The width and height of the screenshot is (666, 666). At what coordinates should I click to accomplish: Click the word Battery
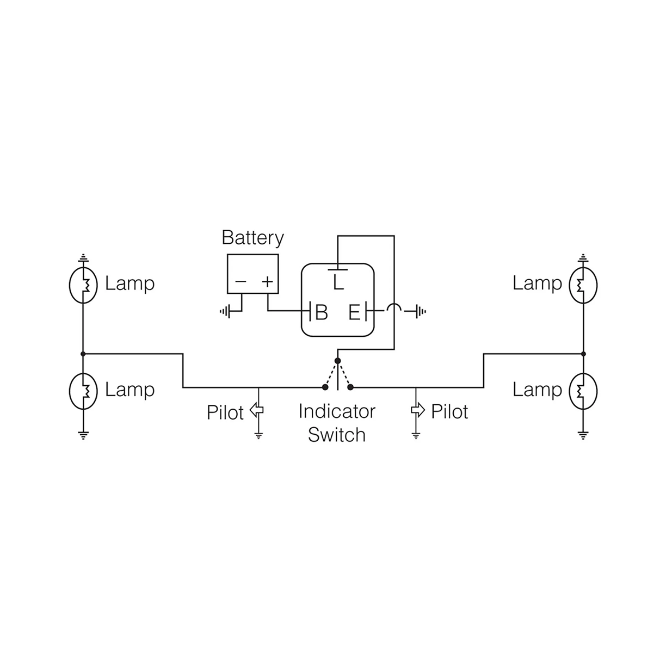point(252,238)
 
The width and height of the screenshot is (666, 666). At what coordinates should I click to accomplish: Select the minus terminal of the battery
point(240,282)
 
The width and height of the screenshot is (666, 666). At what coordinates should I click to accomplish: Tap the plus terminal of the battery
point(267,282)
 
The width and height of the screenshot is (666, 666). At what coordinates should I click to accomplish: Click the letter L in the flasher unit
point(338,283)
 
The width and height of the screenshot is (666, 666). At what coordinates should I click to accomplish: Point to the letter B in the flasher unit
point(322,312)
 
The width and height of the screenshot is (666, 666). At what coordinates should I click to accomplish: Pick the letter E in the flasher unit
point(354,312)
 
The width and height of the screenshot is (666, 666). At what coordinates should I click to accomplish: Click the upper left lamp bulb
point(83,285)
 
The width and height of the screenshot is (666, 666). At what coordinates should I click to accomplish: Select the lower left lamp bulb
point(83,391)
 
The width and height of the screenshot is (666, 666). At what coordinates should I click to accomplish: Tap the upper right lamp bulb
point(583,285)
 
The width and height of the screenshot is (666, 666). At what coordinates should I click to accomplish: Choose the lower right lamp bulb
point(583,391)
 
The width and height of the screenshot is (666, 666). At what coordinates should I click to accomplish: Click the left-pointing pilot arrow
point(256,410)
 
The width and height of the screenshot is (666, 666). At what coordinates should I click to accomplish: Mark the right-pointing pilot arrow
point(417,410)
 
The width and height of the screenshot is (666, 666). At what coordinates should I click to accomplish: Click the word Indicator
point(337,411)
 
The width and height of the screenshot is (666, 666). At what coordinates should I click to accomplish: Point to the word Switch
point(337,435)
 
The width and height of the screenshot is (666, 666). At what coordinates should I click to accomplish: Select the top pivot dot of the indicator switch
point(338,361)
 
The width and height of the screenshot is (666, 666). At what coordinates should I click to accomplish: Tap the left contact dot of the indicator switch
point(325,387)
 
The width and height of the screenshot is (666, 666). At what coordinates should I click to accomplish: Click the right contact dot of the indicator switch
point(351,387)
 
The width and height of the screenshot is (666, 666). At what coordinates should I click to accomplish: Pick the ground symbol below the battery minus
point(226,312)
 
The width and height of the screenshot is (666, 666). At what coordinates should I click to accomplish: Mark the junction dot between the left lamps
point(83,354)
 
